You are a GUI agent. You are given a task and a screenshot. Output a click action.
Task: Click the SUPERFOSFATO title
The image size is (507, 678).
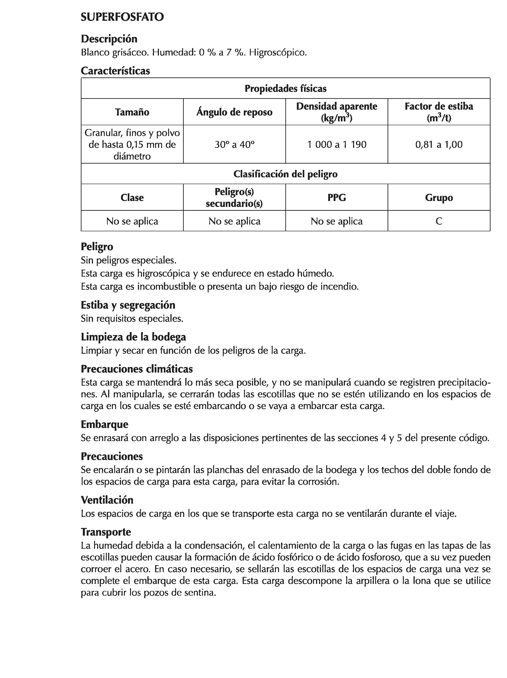[x=122, y=17]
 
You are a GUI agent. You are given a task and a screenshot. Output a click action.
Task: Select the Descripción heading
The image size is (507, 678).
[x=109, y=39]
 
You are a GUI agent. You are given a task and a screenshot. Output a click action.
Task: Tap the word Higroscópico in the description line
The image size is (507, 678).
[x=278, y=53]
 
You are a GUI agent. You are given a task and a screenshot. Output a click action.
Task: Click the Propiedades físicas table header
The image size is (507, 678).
[x=285, y=89]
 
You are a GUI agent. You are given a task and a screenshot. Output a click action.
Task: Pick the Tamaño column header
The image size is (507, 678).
[x=132, y=112]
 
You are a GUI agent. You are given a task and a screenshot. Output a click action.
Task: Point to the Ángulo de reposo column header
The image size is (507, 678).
[x=234, y=112]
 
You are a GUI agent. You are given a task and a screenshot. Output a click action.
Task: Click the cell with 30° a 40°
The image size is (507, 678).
[x=234, y=144]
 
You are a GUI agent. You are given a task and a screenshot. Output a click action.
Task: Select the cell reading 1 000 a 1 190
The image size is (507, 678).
[x=336, y=144]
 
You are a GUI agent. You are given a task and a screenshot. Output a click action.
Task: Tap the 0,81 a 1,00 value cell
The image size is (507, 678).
[x=439, y=144]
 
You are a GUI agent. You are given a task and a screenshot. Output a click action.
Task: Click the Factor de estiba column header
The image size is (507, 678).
[x=439, y=112]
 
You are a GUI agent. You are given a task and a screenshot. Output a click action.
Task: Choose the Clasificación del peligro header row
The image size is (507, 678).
[x=285, y=174]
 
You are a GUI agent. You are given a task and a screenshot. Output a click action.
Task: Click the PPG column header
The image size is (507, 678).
[x=336, y=197]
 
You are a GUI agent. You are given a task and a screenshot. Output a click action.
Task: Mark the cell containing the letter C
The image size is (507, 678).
[x=439, y=221]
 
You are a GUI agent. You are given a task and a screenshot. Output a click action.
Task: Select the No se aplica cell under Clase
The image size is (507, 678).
[x=132, y=221]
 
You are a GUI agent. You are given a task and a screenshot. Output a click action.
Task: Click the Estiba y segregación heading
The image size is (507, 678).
[x=128, y=305]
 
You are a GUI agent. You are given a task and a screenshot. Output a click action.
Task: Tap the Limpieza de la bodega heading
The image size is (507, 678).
[x=133, y=337]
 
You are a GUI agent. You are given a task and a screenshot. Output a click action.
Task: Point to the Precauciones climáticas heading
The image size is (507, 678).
[x=137, y=369]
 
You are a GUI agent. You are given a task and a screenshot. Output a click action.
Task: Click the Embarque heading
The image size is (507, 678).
[x=104, y=424]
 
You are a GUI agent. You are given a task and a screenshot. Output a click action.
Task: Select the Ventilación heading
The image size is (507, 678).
[x=107, y=500]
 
